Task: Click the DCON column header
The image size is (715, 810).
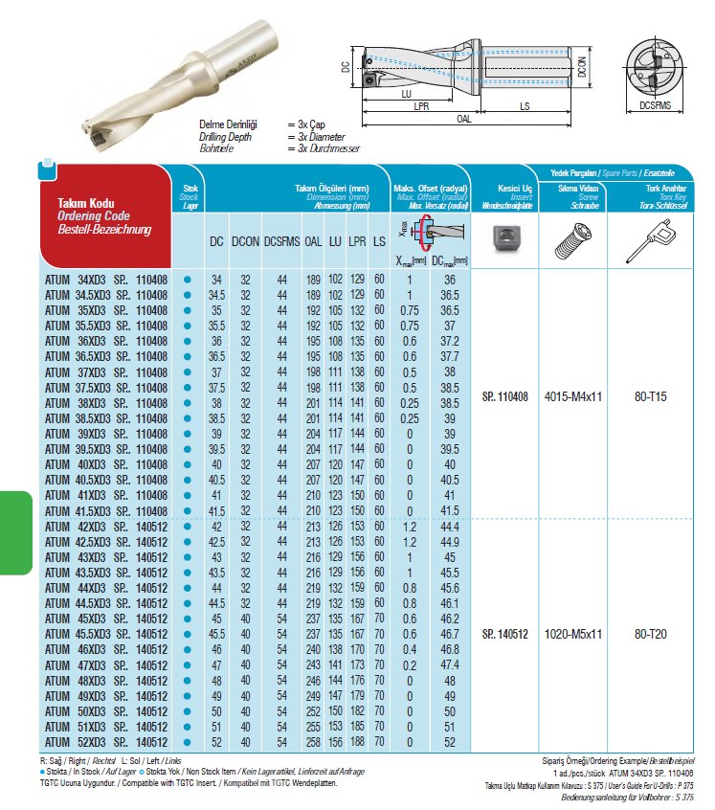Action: pos(245,243)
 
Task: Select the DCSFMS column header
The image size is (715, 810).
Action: pos(281,243)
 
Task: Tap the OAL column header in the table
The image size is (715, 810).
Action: pos(312,243)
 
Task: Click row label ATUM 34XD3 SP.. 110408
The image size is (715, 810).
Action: pos(105,279)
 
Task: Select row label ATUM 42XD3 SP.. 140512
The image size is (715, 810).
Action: pos(105,526)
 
